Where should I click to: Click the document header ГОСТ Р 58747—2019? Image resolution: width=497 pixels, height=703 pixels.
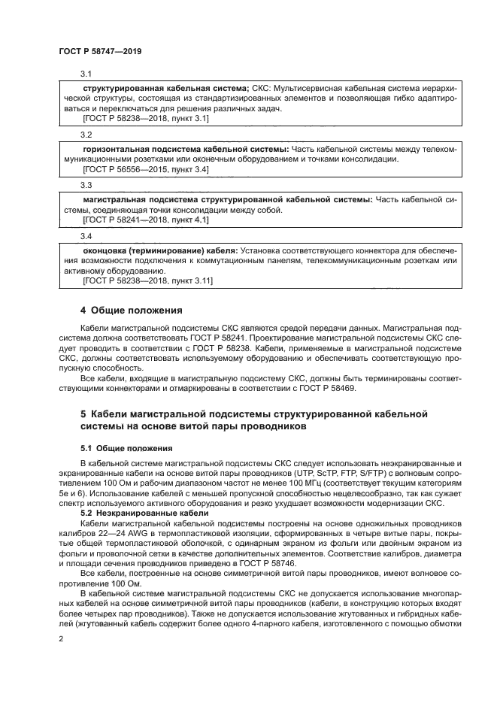pos(100,51)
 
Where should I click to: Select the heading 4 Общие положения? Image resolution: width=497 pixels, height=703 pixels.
pos(131,310)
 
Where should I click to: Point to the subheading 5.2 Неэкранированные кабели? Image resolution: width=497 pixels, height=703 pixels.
pos(137,512)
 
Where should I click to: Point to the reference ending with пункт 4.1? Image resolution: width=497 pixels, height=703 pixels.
pos(145,220)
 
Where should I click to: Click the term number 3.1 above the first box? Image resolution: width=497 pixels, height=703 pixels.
pos(86,74)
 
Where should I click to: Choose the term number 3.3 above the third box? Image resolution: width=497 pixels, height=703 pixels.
pos(86,185)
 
